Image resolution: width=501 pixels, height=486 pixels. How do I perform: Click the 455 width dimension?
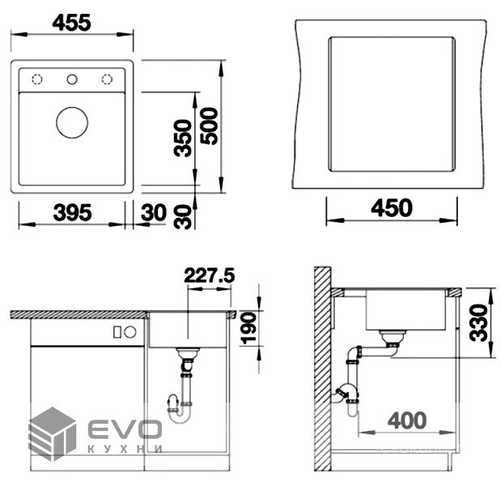pos(71,23)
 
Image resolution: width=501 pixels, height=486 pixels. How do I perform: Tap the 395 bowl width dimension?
pos(72,212)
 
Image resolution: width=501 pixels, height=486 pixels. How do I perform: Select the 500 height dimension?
pos(210,126)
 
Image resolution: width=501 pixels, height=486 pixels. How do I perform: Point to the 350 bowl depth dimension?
pos(183,139)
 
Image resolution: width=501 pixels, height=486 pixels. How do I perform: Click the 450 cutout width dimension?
pos(392,208)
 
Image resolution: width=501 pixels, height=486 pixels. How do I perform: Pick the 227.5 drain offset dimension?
pos(210,275)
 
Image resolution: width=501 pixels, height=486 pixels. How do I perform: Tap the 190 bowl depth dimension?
pos(249,328)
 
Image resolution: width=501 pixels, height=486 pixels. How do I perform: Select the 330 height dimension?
pos(478,323)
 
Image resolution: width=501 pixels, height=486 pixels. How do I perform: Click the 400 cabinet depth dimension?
pos(407,420)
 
